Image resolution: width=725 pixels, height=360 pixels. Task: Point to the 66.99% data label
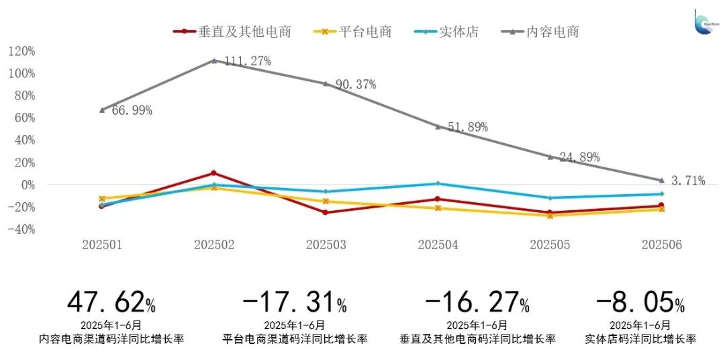point(132,111)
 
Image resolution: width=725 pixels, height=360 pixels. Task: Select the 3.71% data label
point(688,180)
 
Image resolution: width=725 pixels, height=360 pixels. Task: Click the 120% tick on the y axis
point(21,51)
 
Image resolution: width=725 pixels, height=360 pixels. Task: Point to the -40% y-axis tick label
point(21,230)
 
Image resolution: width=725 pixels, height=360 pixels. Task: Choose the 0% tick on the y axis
point(28,185)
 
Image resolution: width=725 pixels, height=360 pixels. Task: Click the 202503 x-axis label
point(326,245)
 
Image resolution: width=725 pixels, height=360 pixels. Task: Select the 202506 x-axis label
point(661,245)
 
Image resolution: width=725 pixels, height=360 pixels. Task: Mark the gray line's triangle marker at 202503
point(326,83)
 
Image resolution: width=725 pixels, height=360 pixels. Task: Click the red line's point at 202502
point(213,173)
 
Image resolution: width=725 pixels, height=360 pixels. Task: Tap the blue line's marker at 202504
point(438,183)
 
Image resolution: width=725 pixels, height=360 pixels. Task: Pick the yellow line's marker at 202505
point(550,216)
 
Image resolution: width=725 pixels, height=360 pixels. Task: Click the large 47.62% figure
point(111,303)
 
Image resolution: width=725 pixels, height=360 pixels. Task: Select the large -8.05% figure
point(640,303)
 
